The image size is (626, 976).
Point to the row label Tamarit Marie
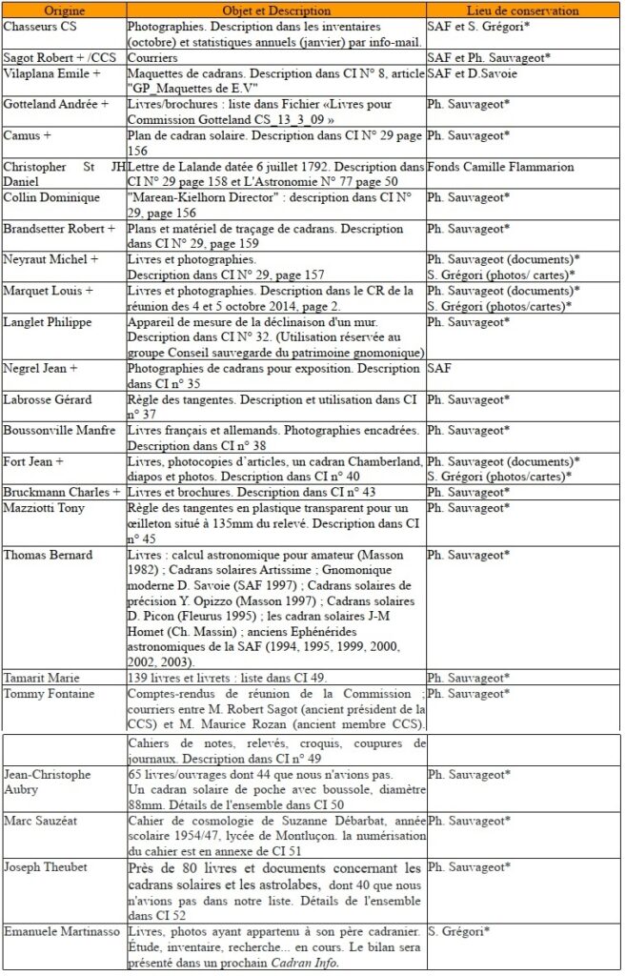pyautogui.click(x=42, y=678)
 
